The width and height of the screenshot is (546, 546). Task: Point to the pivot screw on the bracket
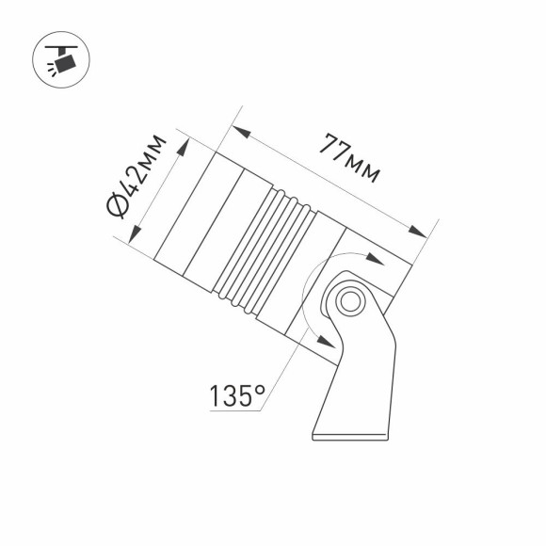[350, 302]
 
